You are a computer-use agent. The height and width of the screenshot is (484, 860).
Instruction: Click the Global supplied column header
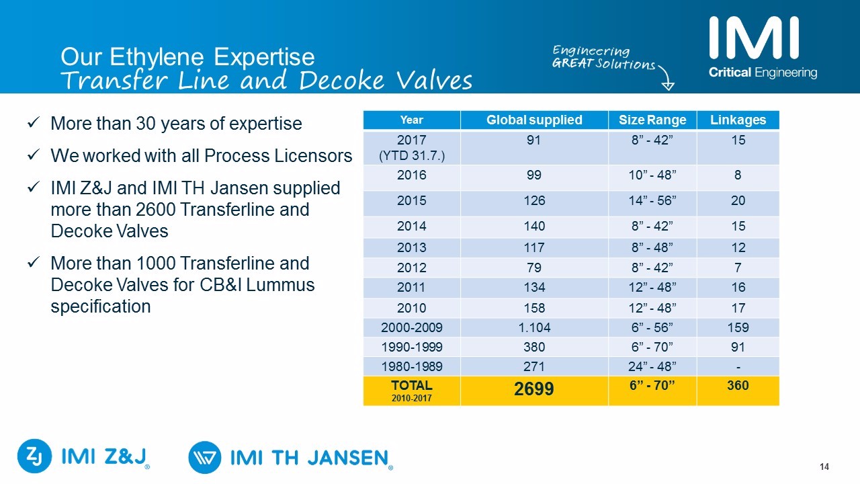(x=534, y=120)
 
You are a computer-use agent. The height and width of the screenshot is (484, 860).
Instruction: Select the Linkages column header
(x=738, y=120)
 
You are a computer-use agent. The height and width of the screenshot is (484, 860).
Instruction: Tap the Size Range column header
(x=652, y=120)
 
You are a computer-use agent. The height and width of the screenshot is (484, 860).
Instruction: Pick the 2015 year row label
(x=411, y=201)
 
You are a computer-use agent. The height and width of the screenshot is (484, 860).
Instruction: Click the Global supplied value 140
(x=534, y=227)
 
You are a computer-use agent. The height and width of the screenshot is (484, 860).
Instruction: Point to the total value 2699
(x=534, y=389)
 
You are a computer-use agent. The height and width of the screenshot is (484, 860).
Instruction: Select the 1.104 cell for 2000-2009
(x=534, y=328)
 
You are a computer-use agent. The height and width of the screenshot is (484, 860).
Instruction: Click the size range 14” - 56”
(x=652, y=201)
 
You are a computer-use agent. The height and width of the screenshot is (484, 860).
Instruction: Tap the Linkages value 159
(x=738, y=328)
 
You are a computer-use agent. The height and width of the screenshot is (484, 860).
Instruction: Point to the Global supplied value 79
(x=534, y=267)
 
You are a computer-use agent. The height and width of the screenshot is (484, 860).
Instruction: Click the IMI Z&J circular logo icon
(x=34, y=456)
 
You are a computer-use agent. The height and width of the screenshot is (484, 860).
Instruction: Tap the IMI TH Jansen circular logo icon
(x=205, y=458)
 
